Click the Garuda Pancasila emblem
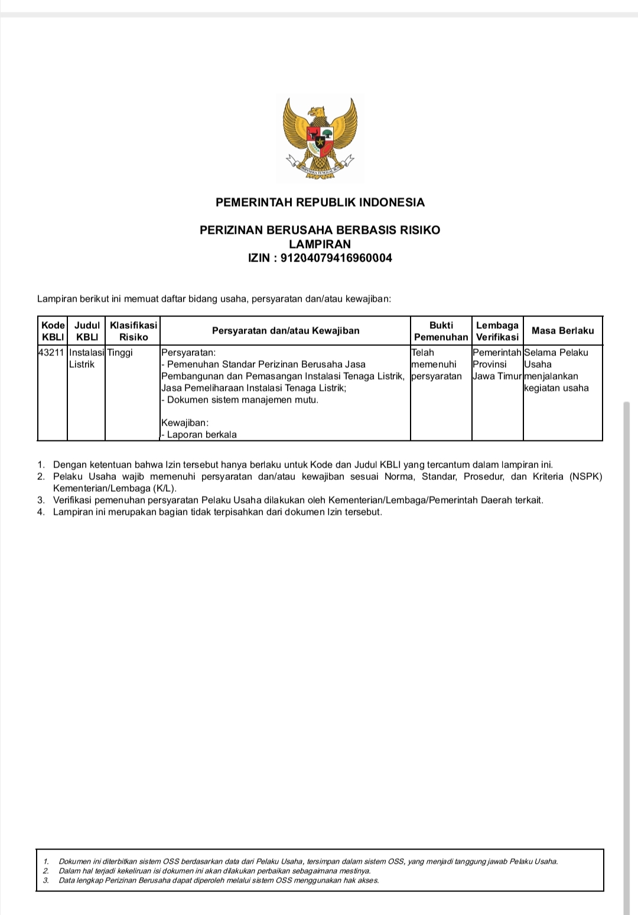pos(320,139)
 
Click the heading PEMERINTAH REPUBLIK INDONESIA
pos(320,202)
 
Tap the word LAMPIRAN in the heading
pos(320,244)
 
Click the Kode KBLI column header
pos(53,331)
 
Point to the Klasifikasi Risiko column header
pos(134,331)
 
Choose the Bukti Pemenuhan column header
pos(441,331)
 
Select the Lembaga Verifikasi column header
pos(497,331)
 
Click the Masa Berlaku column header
pos(562,331)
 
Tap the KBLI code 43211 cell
pos(52,352)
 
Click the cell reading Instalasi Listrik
pos(86,358)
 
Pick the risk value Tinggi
pos(120,352)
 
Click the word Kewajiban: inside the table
pos(184,423)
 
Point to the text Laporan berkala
pos(201,434)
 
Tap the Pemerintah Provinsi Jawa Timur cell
pos(497,364)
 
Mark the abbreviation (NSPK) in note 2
pos(585,476)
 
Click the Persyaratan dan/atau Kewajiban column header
pos(285,331)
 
